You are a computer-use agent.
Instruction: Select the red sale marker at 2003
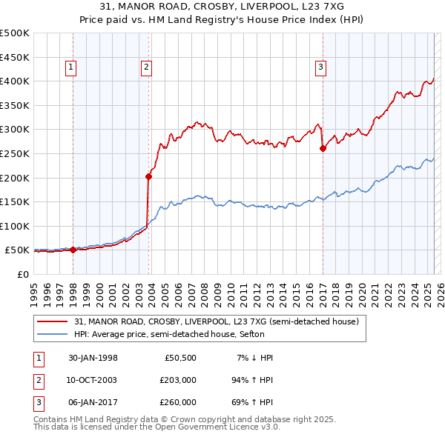[x=149, y=176]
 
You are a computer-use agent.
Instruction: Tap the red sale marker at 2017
[x=323, y=149]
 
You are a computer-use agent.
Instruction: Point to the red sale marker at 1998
[x=73, y=250]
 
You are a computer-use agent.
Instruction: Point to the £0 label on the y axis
[x=22, y=274]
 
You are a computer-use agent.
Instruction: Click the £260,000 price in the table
[x=178, y=402]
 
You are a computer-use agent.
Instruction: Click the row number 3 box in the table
[x=36, y=402]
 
